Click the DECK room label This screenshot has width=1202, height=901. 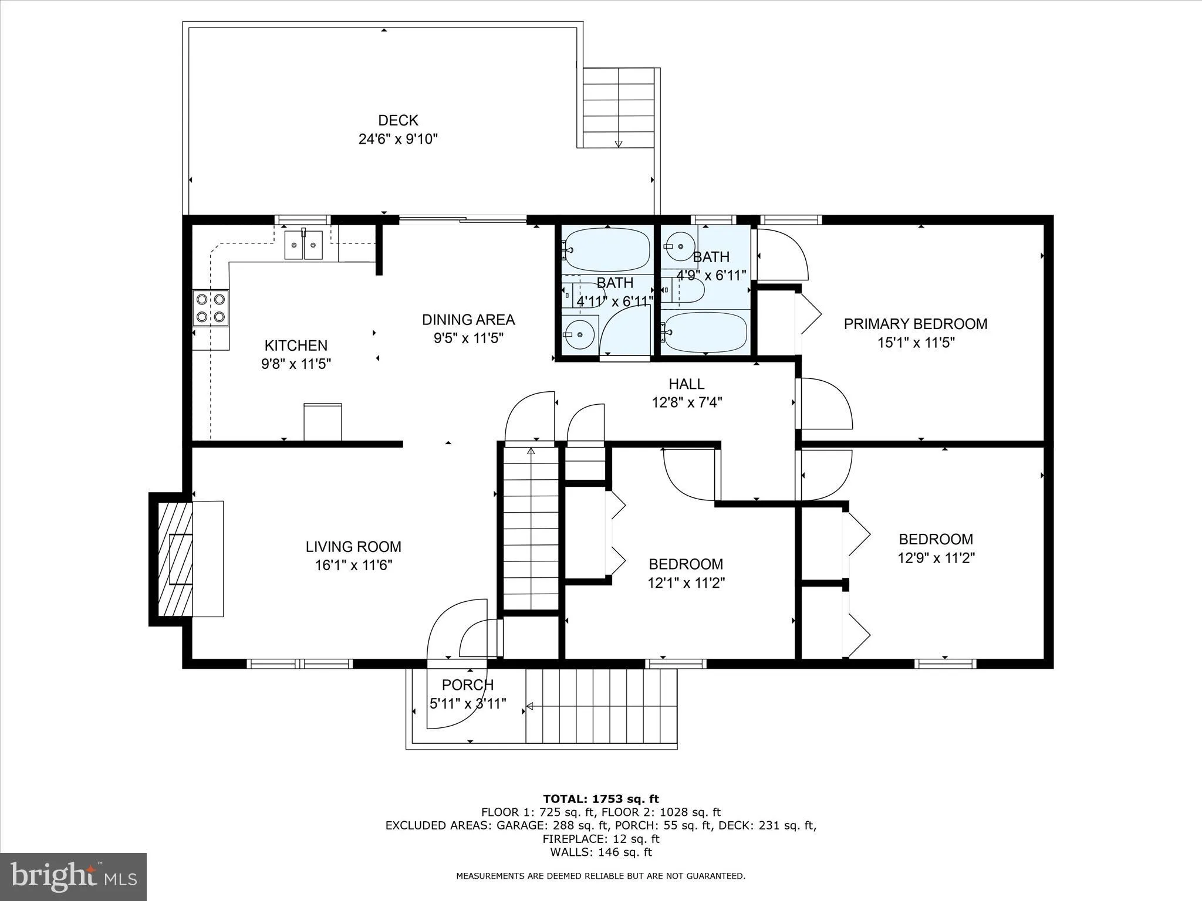coord(398,120)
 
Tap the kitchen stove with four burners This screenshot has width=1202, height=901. coord(211,308)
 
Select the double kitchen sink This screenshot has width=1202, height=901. coord(303,245)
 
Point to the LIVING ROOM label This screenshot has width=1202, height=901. coord(353,547)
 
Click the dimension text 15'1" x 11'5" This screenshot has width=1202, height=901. coord(916,343)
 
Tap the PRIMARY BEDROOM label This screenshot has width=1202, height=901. coord(915,324)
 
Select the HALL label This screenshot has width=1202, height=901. coord(686,384)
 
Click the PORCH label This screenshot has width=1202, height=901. coord(468,685)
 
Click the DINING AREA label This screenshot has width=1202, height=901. coord(468,320)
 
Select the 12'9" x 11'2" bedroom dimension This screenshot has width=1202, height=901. coord(936,558)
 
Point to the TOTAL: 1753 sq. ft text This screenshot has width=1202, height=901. coord(600,799)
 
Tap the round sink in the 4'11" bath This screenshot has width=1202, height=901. coord(580,334)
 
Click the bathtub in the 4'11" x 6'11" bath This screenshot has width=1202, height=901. coord(607,250)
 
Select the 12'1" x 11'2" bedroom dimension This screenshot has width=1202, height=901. coord(686,583)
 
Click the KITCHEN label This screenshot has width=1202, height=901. coord(296,346)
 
